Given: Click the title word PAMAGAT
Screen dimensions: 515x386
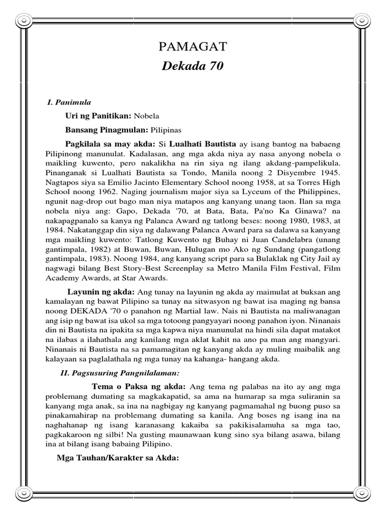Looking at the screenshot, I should [x=193, y=48].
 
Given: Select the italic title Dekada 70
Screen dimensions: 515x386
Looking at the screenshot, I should [x=193, y=66].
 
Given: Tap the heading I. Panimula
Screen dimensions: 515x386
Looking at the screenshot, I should [x=69, y=102].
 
